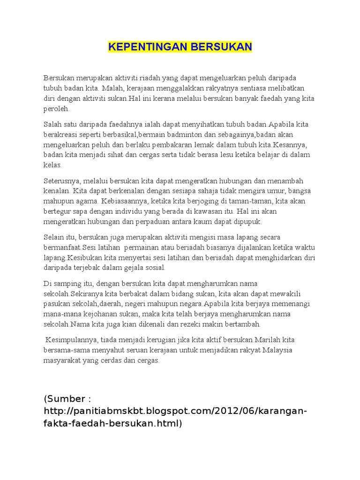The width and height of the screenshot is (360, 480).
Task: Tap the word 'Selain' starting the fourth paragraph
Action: (53, 237)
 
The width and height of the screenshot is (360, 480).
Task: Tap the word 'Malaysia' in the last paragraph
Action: (278, 350)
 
